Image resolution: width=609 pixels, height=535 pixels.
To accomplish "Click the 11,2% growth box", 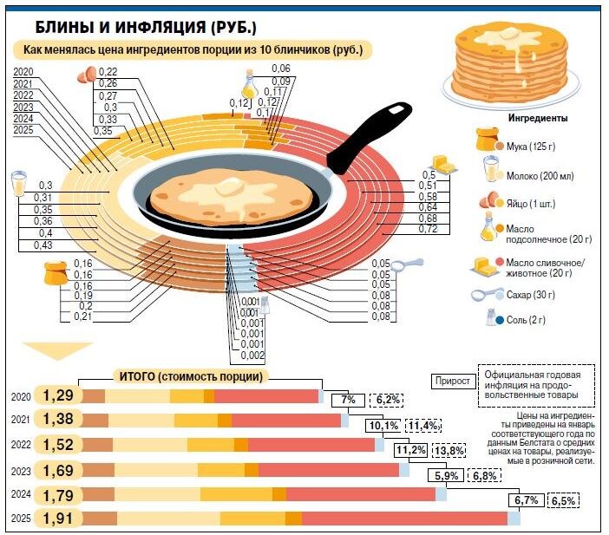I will point(411,450).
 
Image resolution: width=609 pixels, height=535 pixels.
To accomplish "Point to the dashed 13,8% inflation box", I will point(449,451).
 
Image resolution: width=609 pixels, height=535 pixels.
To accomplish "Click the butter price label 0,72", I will point(428,229).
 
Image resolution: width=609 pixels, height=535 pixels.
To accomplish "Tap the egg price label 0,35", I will point(102,131).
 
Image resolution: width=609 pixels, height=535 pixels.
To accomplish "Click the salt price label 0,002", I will point(252,356).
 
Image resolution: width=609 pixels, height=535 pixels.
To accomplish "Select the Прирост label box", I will point(452,381).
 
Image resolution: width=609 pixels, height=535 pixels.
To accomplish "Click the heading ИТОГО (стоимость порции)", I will point(188,376).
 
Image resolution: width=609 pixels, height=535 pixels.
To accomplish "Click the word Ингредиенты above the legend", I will point(538,117).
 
